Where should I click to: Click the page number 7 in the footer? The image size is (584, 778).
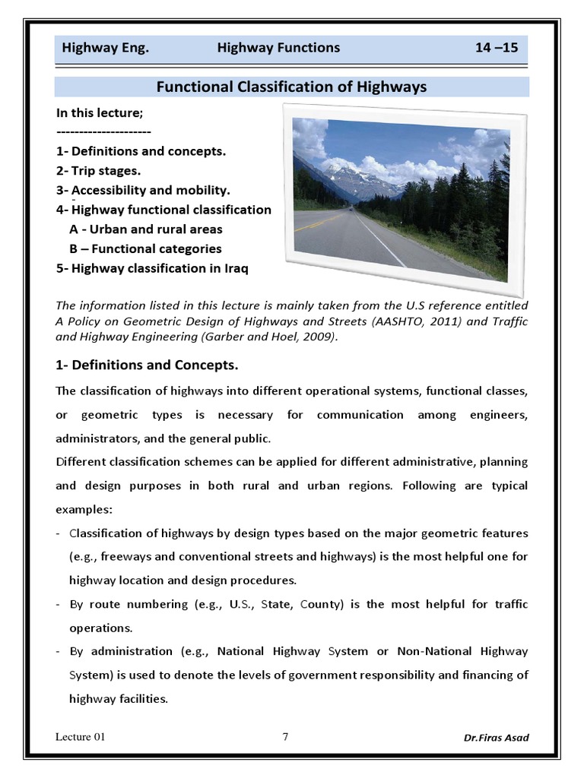tap(285, 736)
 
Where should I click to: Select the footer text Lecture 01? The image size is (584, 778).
tap(81, 737)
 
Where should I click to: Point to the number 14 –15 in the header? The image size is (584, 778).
tap(496, 48)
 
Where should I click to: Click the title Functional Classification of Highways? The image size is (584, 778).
tap(291, 87)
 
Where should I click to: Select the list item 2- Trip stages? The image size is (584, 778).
tap(98, 170)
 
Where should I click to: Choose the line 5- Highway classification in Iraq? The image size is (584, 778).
tap(152, 268)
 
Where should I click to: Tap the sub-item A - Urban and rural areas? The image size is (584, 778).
tap(146, 229)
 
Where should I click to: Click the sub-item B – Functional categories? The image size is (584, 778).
tap(145, 248)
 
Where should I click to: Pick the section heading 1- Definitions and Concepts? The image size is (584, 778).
tap(148, 365)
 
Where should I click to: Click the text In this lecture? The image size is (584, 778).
tap(100, 112)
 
